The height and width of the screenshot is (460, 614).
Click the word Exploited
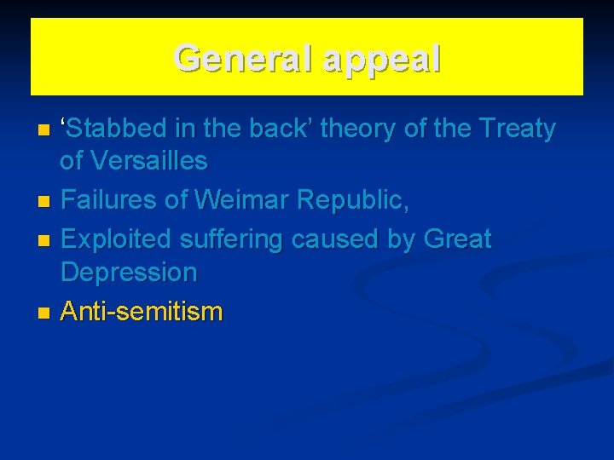click(x=119, y=240)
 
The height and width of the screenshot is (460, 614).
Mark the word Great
click(x=456, y=240)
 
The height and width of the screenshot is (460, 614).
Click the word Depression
click(x=128, y=273)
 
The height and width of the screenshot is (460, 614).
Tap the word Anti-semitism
click(x=142, y=312)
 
